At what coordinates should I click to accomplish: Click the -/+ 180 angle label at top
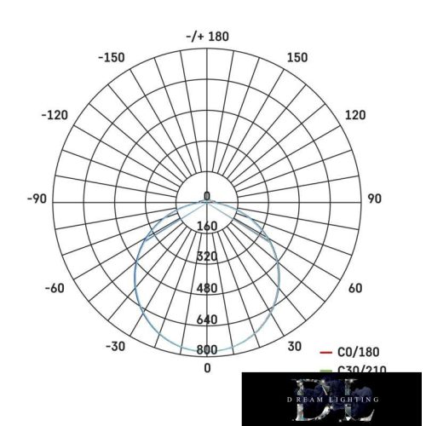pos(207,37)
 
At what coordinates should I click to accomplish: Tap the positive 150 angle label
pos(297,58)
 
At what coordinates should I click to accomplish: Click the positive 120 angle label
pos(354,115)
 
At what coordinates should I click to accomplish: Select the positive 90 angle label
pos(374,199)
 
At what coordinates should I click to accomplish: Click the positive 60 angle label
pos(355,288)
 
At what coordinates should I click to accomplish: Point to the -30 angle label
pos(116,346)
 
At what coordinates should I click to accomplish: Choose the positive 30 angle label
pos(294,346)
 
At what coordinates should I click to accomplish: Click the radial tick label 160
pos(207,227)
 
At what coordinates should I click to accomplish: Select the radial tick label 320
pos(207,257)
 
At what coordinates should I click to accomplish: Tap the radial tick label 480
pos(207,289)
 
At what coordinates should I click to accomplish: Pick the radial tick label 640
pos(207,319)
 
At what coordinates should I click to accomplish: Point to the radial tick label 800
pos(207,350)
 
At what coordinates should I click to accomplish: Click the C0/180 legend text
pos(359,352)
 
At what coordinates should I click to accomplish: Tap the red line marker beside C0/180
pos(325,352)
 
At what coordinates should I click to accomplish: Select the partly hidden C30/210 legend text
pos(359,369)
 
